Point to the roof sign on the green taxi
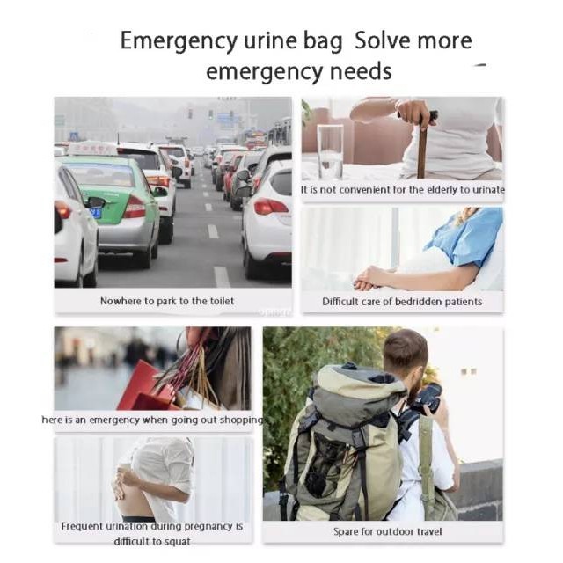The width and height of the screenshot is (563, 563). (x=92, y=149)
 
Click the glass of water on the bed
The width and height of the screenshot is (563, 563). (x=330, y=152)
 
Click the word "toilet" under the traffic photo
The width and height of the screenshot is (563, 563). (x=222, y=301)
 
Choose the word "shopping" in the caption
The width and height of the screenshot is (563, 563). (x=241, y=420)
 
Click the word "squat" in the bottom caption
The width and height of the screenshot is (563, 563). (x=178, y=542)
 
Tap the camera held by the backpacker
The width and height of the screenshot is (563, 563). (x=428, y=398)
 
